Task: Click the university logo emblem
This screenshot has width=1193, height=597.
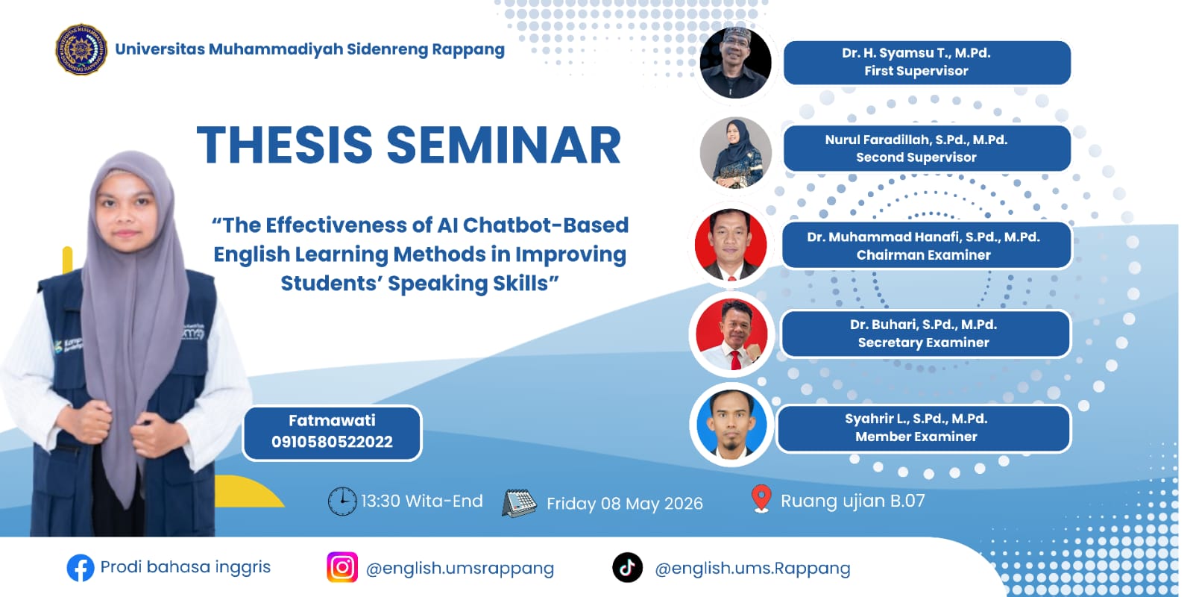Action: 81,49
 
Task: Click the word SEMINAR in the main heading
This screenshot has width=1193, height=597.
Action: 504,145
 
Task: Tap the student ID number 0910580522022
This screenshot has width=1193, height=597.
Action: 332,442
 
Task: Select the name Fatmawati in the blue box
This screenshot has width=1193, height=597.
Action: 332,421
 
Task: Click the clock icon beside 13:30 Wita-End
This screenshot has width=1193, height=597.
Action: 342,501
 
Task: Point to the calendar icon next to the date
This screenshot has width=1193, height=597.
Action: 519,503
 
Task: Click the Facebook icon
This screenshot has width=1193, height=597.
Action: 81,568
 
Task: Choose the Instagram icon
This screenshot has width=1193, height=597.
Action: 342,567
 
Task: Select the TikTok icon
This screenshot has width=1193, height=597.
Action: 627,567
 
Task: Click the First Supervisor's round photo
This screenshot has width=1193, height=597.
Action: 735,62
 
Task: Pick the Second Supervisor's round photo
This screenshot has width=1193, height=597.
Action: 735,152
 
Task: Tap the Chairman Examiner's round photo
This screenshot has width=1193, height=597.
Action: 731,245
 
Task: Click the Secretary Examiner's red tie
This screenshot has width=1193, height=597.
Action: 735,360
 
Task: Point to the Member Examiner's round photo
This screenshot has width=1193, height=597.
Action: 731,425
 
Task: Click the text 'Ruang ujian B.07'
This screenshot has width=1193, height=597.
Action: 853,501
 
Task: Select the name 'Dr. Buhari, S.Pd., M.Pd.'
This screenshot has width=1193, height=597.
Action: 923,325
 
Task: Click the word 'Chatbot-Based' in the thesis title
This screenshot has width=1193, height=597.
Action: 545,225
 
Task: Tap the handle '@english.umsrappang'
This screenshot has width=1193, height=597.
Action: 459,569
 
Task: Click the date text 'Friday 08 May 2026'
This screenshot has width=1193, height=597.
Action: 625,504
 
